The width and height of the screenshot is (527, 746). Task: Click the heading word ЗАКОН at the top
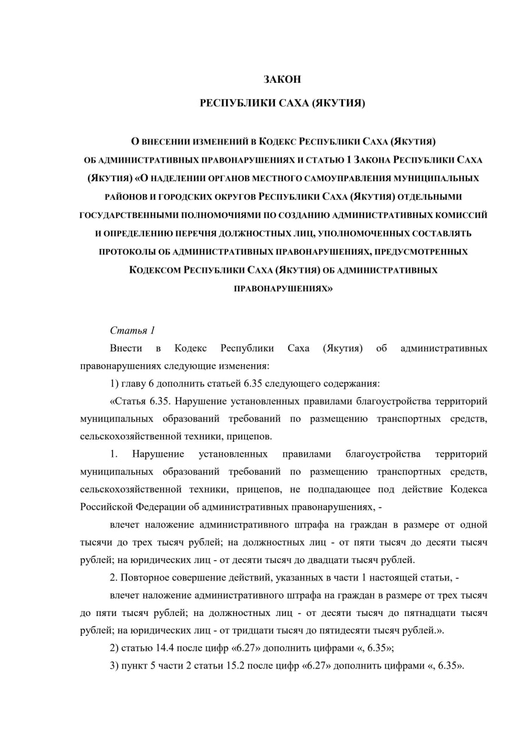click(282, 79)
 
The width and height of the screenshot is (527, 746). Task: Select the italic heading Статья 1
click(132, 330)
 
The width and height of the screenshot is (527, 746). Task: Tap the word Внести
click(126, 349)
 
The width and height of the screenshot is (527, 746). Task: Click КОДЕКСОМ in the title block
click(155, 270)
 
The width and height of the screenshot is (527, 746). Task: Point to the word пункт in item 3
click(136, 666)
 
